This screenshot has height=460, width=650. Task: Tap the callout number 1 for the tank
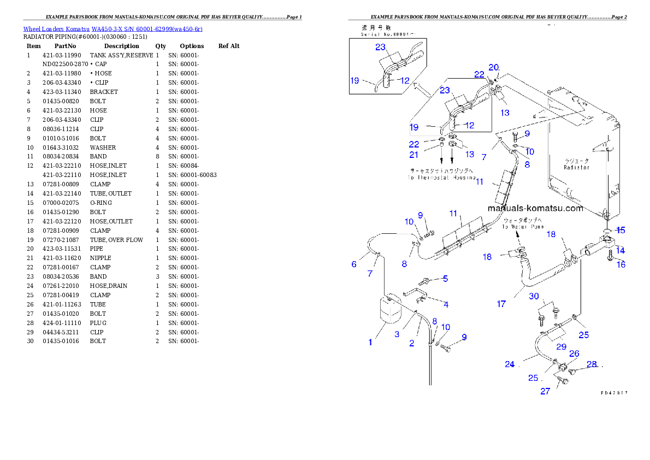point(370,343)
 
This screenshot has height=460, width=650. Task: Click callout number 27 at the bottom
point(545,391)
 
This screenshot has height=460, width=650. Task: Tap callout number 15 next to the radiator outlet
point(621,230)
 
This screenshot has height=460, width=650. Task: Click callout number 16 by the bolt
point(621,265)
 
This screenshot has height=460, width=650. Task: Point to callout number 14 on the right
point(621,250)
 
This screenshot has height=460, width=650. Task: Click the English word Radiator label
point(577,168)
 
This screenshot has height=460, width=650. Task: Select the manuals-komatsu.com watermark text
point(535,208)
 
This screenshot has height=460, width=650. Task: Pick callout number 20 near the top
point(494,68)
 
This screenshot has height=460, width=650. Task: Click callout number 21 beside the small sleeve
point(415,155)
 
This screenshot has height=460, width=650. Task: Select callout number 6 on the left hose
point(354,264)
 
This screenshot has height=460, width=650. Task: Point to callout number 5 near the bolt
point(445,279)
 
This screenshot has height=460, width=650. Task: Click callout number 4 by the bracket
point(446,305)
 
